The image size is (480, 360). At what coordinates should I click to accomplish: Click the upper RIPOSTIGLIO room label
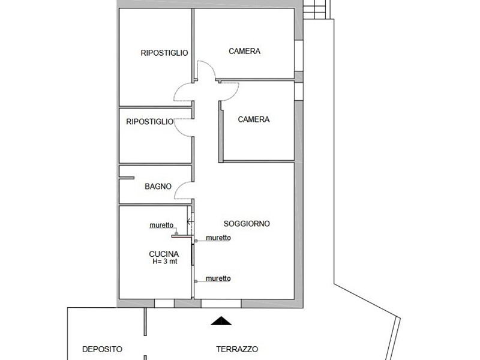pyautogui.click(x=164, y=53)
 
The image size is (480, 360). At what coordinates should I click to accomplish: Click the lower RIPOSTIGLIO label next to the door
pyautogui.click(x=149, y=122)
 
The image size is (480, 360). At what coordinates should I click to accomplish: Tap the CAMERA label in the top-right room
pyautogui.click(x=244, y=52)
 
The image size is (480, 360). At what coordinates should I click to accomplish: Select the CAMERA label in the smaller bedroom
pyautogui.click(x=253, y=119)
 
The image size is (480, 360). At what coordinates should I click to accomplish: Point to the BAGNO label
pyautogui.click(x=158, y=187)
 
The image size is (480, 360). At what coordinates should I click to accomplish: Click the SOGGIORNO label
pyautogui.click(x=246, y=224)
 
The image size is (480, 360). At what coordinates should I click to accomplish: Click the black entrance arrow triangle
pyautogui.click(x=221, y=321)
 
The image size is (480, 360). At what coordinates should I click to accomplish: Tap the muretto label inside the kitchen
pyautogui.click(x=161, y=226)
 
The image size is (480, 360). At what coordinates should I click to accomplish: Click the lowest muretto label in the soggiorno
pyautogui.click(x=218, y=278)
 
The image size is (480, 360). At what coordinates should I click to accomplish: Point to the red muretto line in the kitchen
pyautogui.click(x=181, y=236)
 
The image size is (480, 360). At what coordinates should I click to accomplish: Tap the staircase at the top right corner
pyautogui.click(x=317, y=9)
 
